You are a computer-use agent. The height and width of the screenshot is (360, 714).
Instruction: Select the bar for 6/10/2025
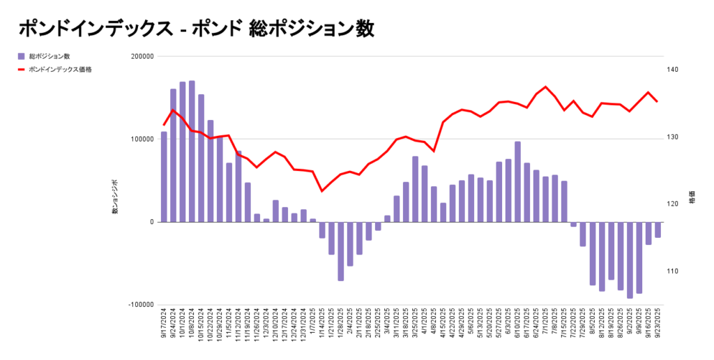point(517,181)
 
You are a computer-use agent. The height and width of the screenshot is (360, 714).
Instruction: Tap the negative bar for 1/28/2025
point(340,251)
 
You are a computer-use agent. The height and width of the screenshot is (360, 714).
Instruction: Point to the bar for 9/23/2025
point(658,230)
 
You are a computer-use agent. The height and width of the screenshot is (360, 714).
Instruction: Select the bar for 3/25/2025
point(415,189)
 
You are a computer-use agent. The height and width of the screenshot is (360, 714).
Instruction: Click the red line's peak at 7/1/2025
point(545,87)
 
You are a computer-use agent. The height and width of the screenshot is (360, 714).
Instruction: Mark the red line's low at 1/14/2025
point(322,191)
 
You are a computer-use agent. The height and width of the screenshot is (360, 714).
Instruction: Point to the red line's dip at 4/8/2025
point(434,151)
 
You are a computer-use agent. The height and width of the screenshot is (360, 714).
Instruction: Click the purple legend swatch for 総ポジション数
point(22,56)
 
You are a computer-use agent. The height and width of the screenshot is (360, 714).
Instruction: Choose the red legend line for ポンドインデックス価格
point(22,70)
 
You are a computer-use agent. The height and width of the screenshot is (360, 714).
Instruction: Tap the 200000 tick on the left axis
point(142,57)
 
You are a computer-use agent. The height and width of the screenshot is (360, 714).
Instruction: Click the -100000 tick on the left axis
point(140,305)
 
